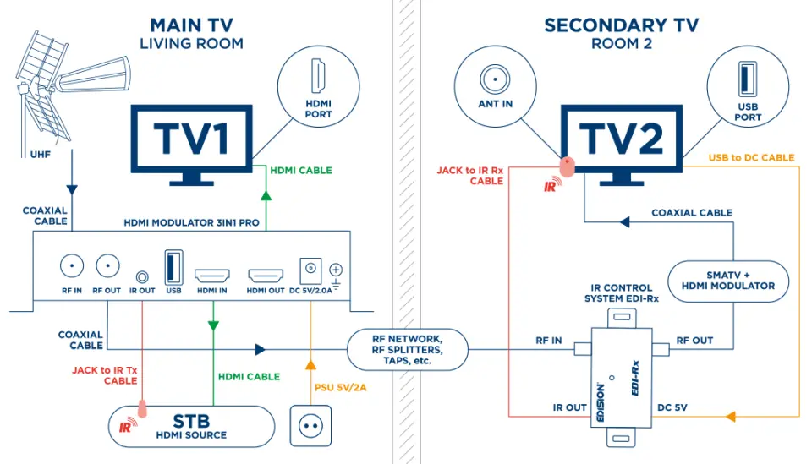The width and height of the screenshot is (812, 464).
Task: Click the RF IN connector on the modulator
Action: click(x=72, y=266)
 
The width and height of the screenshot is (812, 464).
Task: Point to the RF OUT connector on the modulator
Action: click(x=107, y=266)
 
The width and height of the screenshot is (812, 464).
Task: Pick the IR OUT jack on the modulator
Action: click(x=142, y=276)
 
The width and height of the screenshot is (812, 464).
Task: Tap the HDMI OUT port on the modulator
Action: click(x=266, y=276)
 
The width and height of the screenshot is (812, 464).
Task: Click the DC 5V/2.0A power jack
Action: click(x=310, y=270)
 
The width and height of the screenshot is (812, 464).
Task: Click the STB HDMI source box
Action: click(x=191, y=426)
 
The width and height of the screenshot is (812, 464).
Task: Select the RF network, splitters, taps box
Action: click(x=407, y=348)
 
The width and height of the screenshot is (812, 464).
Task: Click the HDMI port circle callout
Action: click(x=318, y=84)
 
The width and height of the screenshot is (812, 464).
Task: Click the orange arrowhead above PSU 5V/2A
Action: click(x=310, y=365)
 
